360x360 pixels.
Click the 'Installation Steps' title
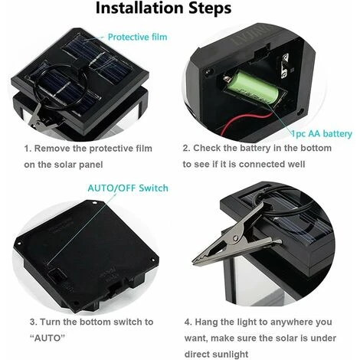coord(163,8)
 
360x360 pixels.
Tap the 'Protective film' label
coord(138,37)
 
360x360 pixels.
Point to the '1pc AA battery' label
coord(322,134)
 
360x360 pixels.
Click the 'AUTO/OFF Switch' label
coord(128,188)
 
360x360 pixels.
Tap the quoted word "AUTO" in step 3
coord(47,339)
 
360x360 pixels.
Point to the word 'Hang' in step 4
coord(207,322)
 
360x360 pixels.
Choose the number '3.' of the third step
coord(34,322)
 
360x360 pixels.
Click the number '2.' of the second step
coord(187,148)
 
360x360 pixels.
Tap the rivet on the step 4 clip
coord(236,238)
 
